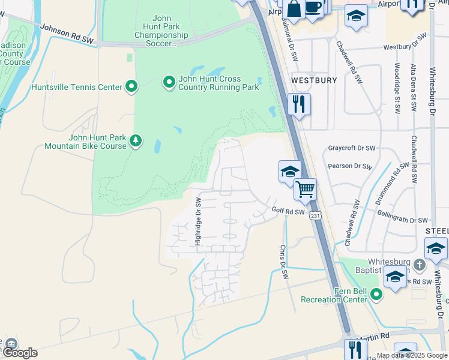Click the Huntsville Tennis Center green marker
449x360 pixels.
131,87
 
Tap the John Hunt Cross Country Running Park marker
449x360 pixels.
169,81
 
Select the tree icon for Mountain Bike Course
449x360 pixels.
136,140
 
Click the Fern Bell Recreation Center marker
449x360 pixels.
376,294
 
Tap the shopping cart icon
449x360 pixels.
306,189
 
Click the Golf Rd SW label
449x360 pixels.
288,211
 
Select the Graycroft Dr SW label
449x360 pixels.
352,148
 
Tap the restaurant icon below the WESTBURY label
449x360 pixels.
298,104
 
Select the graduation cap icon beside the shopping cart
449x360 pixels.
289,171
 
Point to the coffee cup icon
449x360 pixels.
313,7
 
